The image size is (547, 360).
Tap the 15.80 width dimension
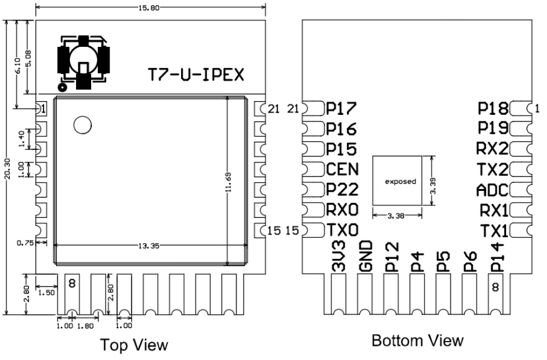pos(151,7)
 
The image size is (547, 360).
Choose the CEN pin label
pos(342,168)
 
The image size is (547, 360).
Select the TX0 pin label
pos(342,231)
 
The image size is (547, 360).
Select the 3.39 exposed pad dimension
pos(433,180)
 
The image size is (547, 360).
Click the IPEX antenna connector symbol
pos(83,61)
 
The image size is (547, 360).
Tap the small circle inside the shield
pos(83,125)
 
